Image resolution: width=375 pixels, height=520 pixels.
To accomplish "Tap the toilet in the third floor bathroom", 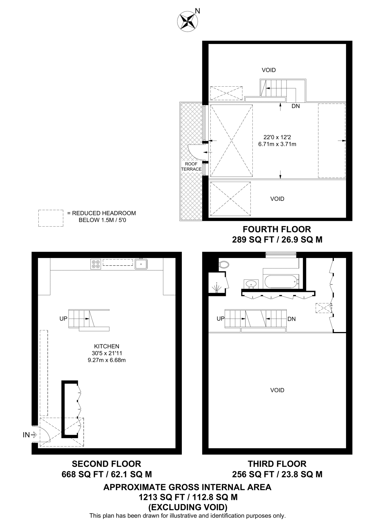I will coord(224,265).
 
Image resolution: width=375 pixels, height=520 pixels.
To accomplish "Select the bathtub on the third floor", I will coord(281,281).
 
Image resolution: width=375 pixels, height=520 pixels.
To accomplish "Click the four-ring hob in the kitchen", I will coord(96,264).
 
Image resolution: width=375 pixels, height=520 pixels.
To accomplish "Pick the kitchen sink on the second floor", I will coord(141,264).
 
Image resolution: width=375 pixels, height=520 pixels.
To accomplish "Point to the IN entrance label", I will coord(26,435).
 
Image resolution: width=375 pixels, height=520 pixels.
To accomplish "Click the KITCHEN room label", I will coord(106,346).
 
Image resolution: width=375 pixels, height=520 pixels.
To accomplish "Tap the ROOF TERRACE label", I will coord(191,167).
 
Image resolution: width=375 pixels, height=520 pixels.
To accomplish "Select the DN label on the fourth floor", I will coord(296,106).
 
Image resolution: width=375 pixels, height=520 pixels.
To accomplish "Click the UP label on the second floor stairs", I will coord(63,318).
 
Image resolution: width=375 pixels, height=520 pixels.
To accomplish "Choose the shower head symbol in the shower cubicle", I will coord(217,288).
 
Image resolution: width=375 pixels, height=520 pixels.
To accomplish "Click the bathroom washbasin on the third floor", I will coord(251,284).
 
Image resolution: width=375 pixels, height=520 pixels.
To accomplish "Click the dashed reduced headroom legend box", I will coord(51,218).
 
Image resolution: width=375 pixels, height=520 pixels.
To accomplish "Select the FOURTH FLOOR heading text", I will coord(277,229).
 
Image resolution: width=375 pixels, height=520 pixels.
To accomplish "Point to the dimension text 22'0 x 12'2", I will coord(277,137).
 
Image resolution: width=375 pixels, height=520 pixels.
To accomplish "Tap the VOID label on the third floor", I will coord(277,390).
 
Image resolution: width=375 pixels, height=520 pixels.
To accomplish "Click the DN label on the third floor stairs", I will coord(292,319).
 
